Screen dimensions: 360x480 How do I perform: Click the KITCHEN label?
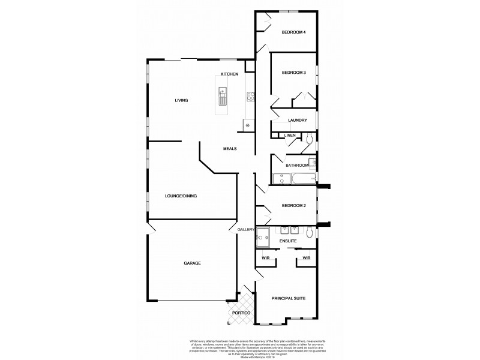click(229, 74)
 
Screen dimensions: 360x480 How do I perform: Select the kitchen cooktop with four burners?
click(250, 95)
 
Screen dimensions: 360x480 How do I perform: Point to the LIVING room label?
click(181, 100)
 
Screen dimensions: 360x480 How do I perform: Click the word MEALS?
click(230, 148)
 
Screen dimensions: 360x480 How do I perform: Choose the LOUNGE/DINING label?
click(181, 196)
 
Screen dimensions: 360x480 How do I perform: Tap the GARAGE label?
click(192, 263)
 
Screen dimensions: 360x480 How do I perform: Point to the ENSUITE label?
click(287, 241)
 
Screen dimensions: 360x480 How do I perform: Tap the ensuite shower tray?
click(263, 239)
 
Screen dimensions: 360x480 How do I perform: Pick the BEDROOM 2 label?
click(294, 206)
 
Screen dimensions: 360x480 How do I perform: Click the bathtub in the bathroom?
click(298, 178)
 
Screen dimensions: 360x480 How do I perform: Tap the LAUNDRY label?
click(298, 120)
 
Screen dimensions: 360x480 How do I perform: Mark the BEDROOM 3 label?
click(294, 73)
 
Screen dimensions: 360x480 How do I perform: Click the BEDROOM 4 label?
click(294, 32)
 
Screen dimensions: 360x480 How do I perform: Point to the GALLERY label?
click(246, 229)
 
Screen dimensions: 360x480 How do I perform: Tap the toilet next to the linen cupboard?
click(308, 139)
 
